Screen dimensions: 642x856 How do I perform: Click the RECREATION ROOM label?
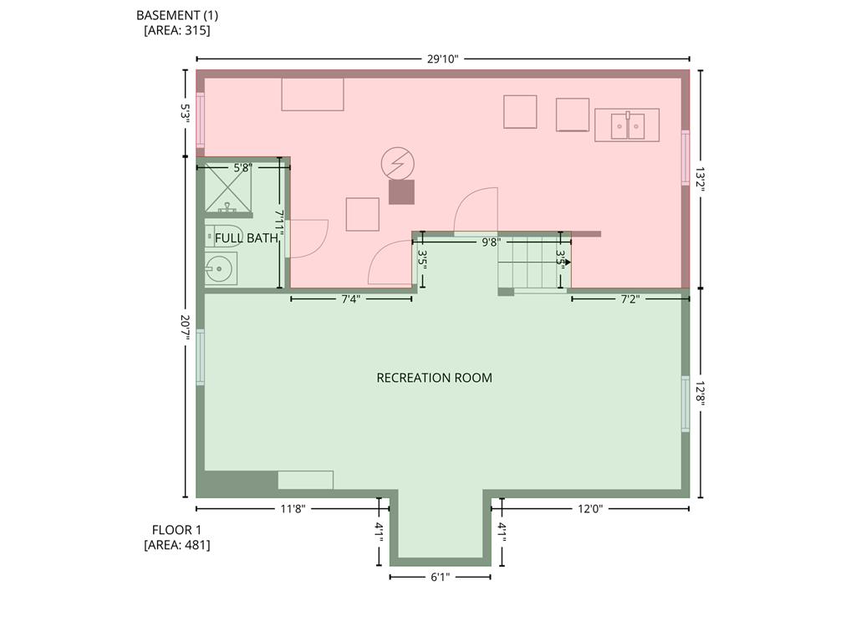point(434,378)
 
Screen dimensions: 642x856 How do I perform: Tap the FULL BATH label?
point(246,238)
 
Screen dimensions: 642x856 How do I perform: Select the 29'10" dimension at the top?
point(442,59)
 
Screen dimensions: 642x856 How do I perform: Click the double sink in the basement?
point(626,125)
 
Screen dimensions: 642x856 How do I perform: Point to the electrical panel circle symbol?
point(397,164)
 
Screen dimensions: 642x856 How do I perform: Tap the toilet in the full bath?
point(223,236)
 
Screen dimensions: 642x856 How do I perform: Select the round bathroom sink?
point(220,269)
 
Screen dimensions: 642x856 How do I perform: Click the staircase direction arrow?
point(566,262)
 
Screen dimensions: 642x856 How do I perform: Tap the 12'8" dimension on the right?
point(701,393)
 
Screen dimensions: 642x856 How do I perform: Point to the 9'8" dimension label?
point(491,242)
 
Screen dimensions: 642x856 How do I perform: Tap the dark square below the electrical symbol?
point(401,192)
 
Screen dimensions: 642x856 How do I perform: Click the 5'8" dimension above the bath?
point(242,168)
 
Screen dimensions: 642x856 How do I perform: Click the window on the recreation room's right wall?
point(685,404)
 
